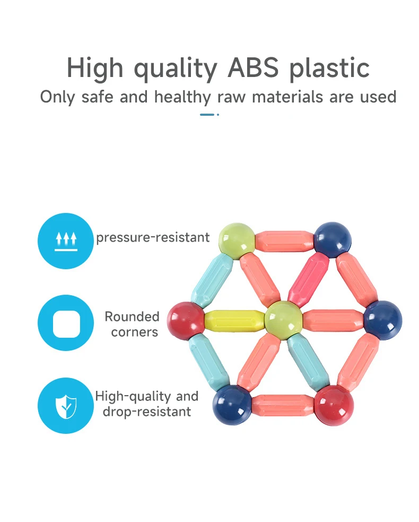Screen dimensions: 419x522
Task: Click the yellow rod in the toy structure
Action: click(233, 319)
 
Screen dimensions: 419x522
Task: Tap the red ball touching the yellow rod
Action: click(186, 320)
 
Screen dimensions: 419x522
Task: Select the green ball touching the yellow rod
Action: click(283, 319)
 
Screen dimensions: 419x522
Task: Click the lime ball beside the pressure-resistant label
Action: click(237, 241)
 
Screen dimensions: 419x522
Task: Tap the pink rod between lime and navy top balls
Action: click(284, 241)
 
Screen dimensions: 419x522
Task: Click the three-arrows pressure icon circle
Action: click(66, 241)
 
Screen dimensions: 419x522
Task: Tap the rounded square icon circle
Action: click(66, 323)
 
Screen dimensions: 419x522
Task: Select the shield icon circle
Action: click(66, 406)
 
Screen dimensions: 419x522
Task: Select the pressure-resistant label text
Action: click(153, 237)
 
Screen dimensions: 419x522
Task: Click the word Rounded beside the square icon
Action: click(132, 316)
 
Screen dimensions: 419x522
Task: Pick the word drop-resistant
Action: click(147, 412)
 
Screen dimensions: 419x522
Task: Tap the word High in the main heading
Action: click(96, 68)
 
